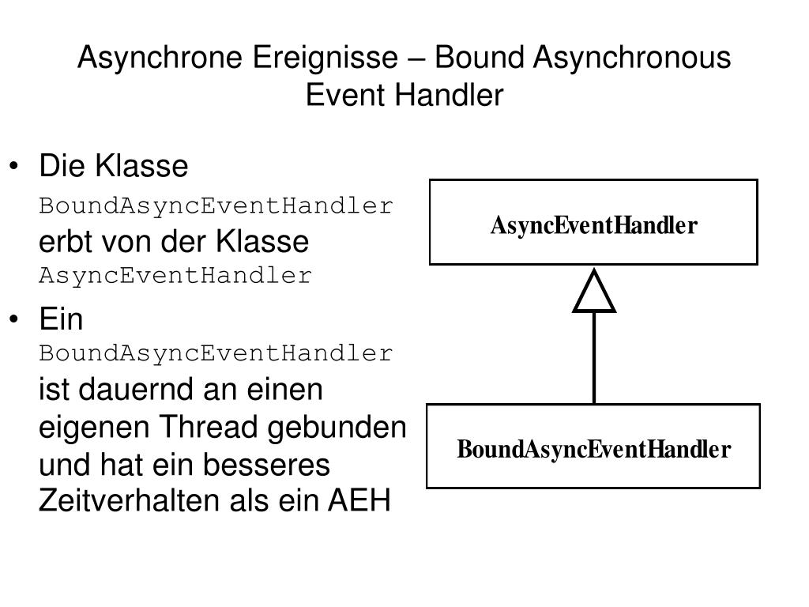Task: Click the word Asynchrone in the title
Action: click(162, 58)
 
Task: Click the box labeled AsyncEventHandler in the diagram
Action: click(593, 222)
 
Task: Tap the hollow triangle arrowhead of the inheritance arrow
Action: click(594, 292)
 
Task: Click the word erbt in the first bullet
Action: click(62, 242)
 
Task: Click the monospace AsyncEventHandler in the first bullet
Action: click(175, 276)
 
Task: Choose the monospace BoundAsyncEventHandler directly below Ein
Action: click(216, 353)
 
